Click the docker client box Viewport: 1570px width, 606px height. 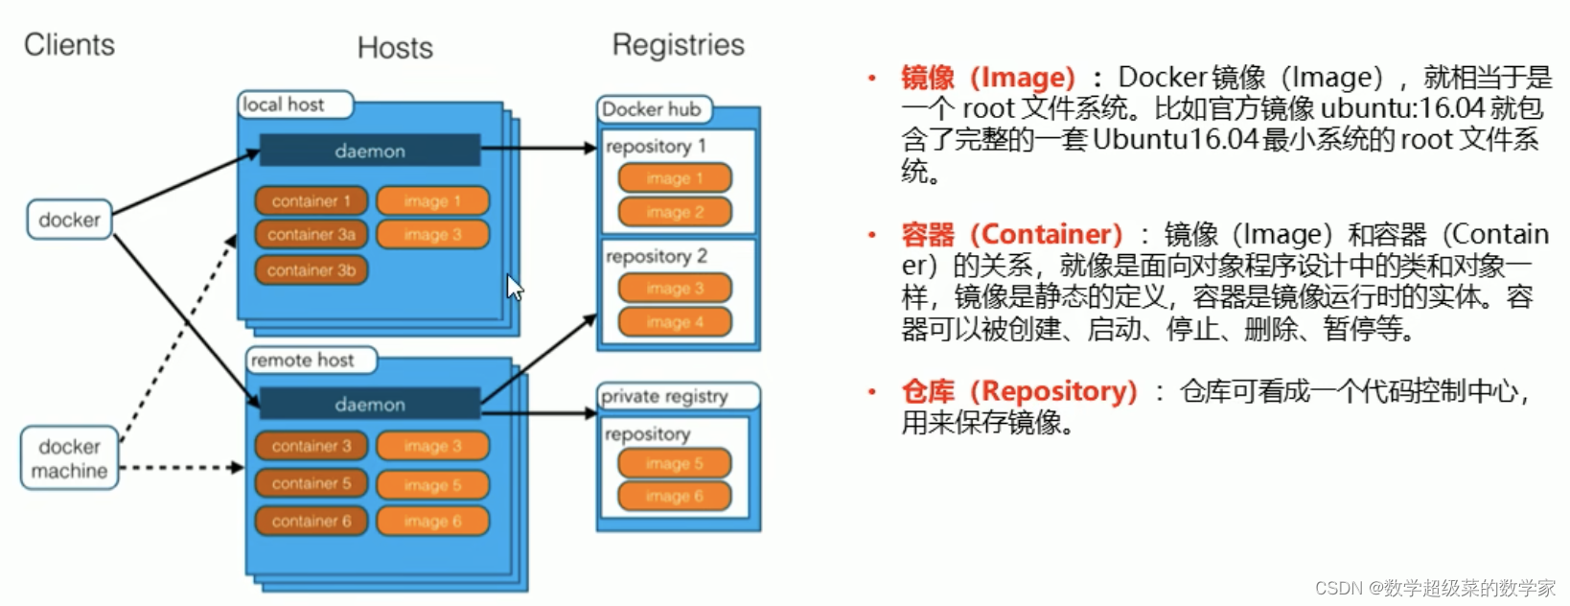69,220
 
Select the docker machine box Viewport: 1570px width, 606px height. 69,458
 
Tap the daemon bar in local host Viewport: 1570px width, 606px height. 369,151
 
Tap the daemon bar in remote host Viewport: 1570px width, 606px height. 369,404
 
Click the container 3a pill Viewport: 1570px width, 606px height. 311,234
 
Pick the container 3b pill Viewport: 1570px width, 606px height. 311,270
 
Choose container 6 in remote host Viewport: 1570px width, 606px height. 311,521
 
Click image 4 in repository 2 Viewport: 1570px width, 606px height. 674,322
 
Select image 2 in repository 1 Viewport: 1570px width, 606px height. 674,212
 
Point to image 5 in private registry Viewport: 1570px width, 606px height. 674,463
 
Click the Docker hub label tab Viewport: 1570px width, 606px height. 653,109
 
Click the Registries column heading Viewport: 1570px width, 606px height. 678,45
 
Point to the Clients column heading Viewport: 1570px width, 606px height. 69,45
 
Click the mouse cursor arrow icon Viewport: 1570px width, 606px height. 515,287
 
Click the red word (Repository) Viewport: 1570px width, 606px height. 1053,391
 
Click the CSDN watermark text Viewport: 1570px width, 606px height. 1434,588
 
